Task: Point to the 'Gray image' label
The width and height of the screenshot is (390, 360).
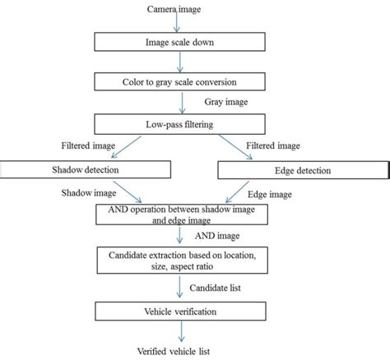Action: [x=225, y=104]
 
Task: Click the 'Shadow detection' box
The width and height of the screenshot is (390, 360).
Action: [x=86, y=169]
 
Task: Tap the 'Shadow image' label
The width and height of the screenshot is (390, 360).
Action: [x=84, y=194]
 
